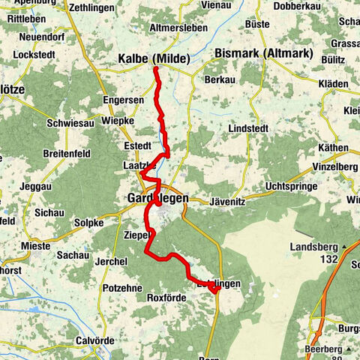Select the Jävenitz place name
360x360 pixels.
coord(221,199)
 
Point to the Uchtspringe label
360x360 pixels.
coord(295,187)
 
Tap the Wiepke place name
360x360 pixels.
coord(116,120)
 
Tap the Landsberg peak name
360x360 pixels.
coord(310,247)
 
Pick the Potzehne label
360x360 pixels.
coord(118,288)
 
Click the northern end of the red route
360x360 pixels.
coord(156,69)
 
